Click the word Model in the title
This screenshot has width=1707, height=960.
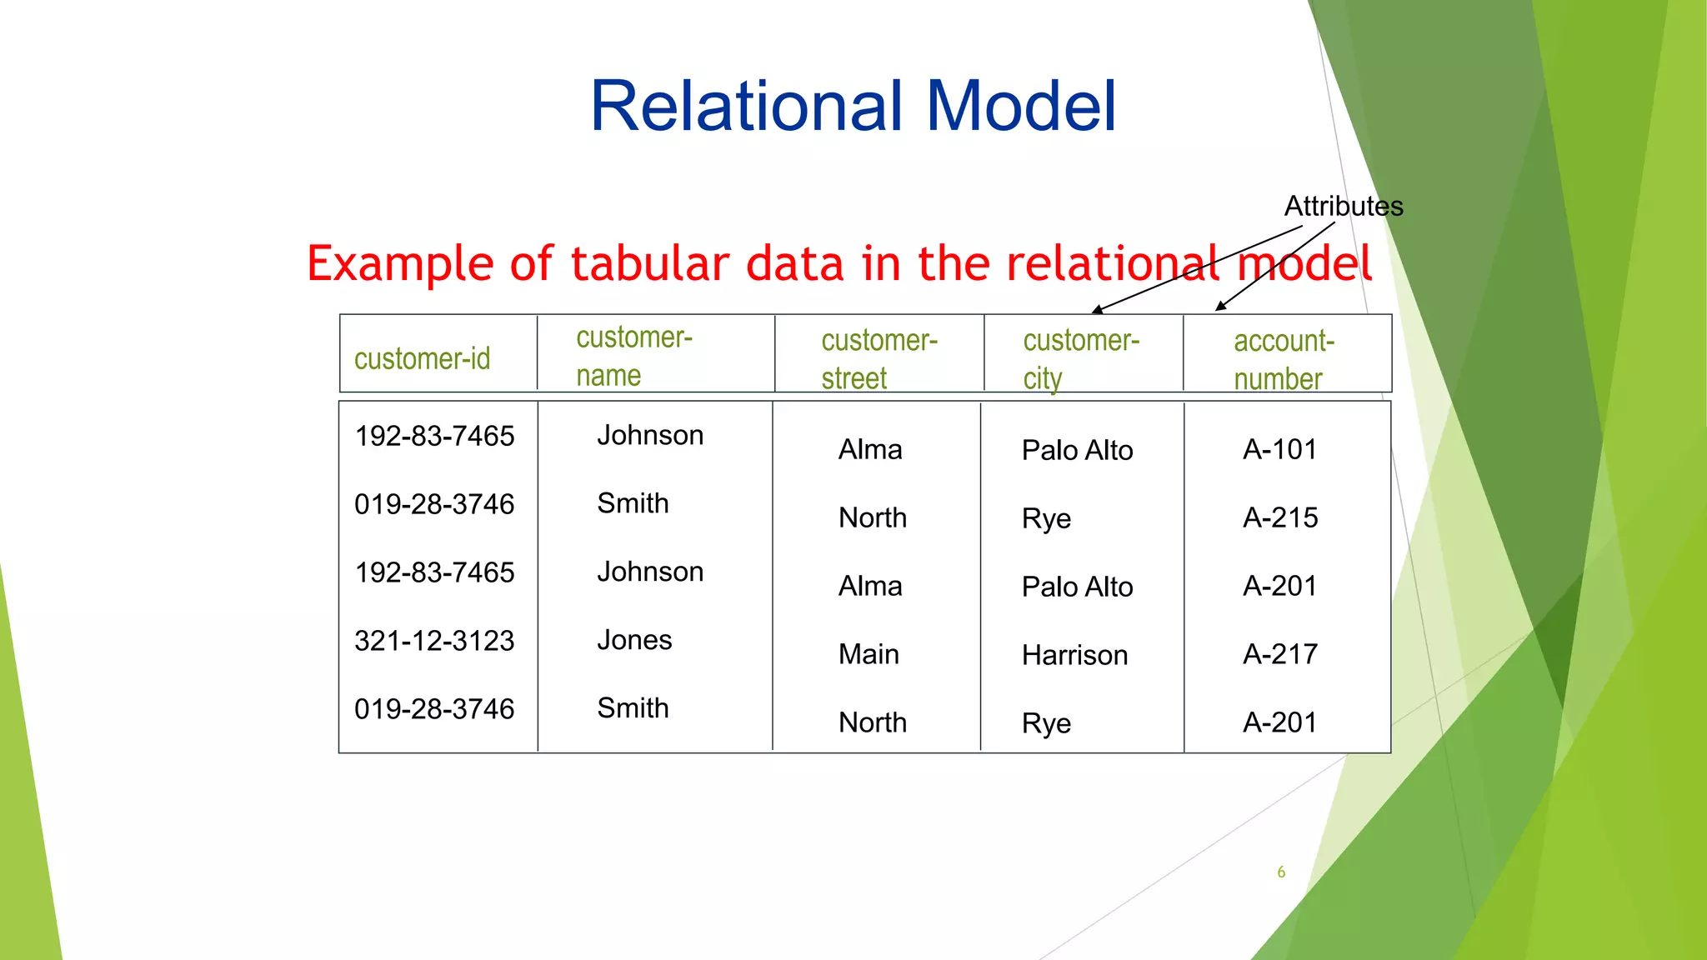point(1021,106)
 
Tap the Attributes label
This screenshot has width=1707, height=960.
point(1343,206)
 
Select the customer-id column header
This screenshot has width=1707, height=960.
point(422,359)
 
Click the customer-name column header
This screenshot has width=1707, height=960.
point(633,356)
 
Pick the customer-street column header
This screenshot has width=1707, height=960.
point(879,359)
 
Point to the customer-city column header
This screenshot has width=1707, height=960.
point(1080,359)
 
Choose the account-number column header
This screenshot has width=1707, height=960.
point(1284,359)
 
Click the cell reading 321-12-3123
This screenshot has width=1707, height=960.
point(434,641)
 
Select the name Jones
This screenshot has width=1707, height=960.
point(634,640)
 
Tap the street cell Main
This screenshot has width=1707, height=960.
point(869,654)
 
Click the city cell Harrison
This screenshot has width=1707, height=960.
point(1074,655)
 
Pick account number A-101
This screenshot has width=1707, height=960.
point(1279,450)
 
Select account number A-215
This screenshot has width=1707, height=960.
point(1280,517)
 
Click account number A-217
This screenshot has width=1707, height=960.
point(1280,654)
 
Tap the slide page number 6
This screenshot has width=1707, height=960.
point(1281,872)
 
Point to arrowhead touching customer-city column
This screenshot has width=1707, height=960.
point(1097,310)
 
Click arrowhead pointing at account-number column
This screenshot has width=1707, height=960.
point(1220,307)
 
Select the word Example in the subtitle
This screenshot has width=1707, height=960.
point(400,265)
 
